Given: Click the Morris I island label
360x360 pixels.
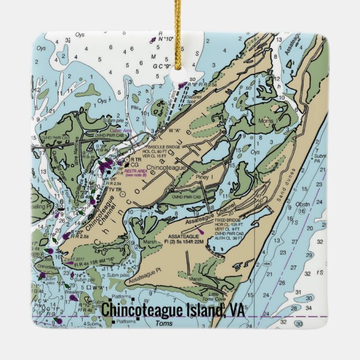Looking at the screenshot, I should (x=269, y=121).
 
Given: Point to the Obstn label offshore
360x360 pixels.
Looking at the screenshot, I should (x=302, y=204).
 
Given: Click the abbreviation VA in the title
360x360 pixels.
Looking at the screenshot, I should (x=236, y=309).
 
